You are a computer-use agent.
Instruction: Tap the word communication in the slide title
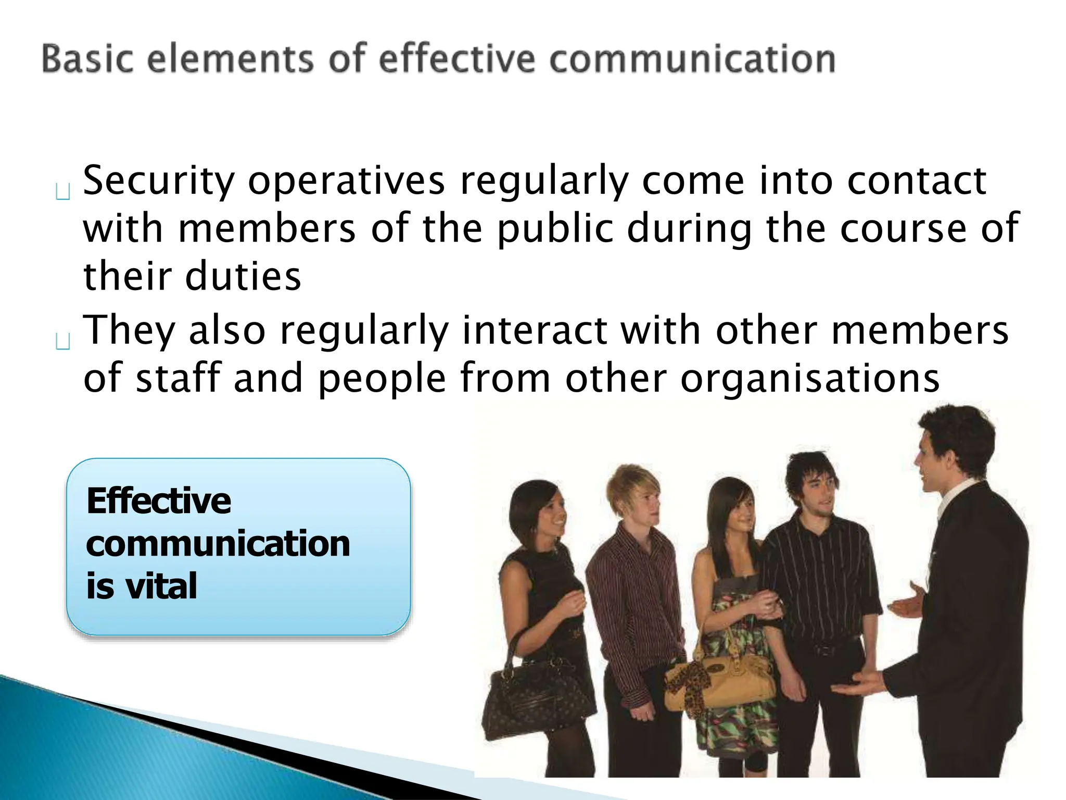692,58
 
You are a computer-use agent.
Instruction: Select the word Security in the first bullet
159,181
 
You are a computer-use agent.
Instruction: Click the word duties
244,276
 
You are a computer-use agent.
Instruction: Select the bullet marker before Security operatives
62,193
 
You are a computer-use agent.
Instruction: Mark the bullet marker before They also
62,342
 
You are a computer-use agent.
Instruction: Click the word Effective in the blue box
159,501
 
